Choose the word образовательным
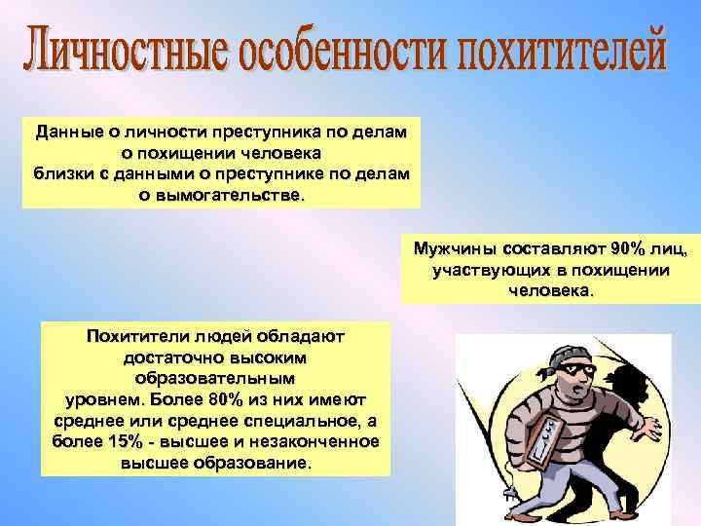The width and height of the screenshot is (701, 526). point(214,376)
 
